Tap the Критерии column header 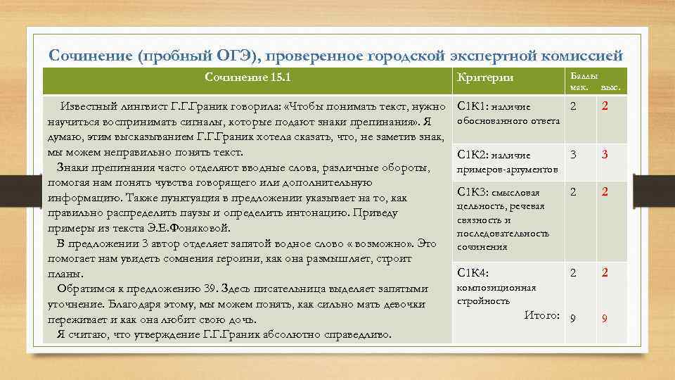click(x=485, y=77)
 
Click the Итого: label click(x=541, y=315)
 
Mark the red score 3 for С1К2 click(x=605, y=155)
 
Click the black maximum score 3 click(x=573, y=154)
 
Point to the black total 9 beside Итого click(x=573, y=318)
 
